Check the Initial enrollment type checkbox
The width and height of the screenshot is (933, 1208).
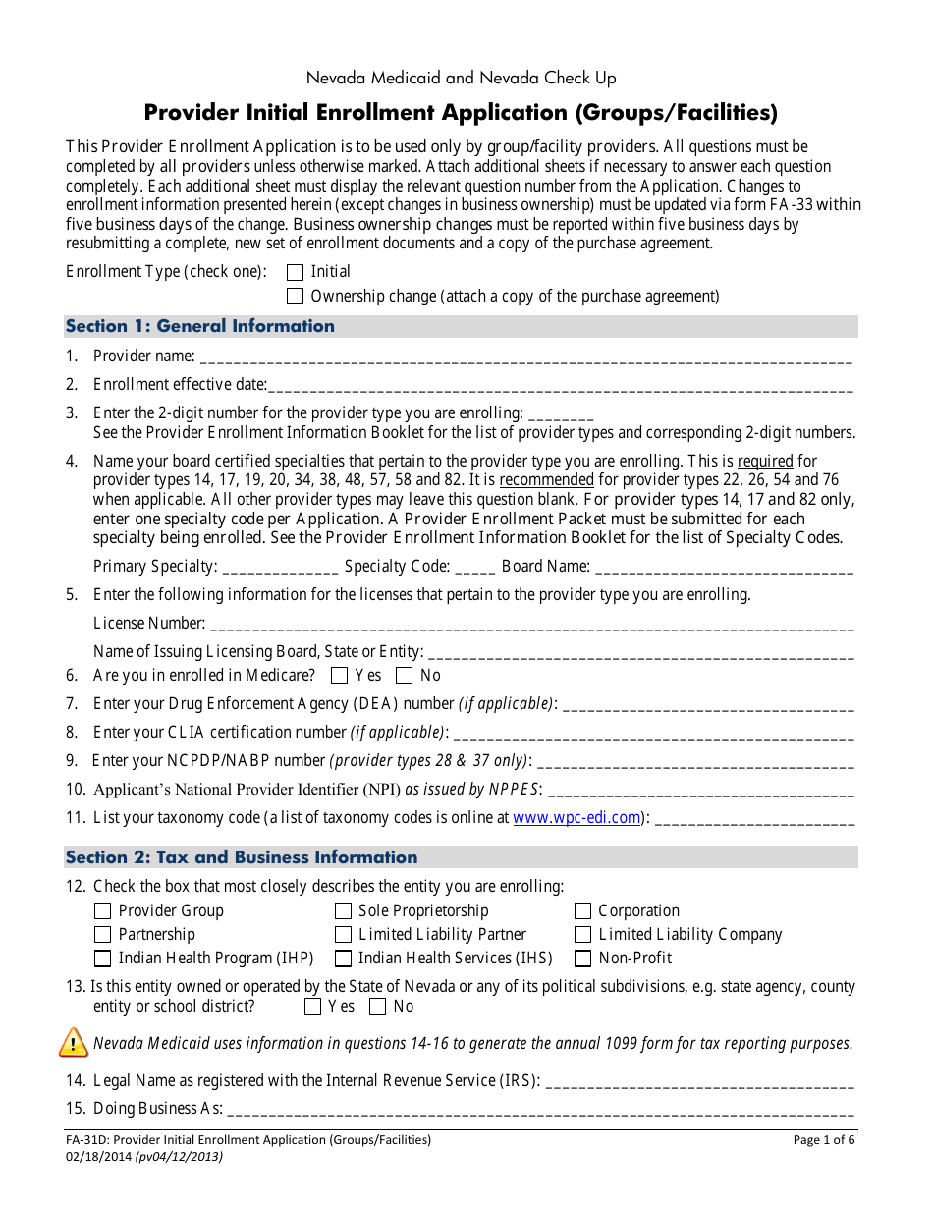tap(295, 272)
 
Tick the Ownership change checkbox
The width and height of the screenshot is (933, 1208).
tap(295, 297)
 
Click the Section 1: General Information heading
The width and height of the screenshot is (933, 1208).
tap(200, 326)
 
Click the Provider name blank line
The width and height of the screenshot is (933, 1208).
tap(525, 358)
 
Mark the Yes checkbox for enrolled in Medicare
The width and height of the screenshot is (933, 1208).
tap(340, 676)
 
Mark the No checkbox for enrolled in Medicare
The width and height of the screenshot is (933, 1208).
tap(404, 676)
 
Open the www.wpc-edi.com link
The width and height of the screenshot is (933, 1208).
tap(576, 817)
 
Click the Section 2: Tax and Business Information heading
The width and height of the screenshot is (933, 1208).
tap(242, 857)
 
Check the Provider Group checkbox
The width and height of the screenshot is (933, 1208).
tap(102, 911)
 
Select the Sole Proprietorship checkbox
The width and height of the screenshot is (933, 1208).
tap(343, 911)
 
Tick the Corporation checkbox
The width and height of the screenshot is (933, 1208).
tap(583, 911)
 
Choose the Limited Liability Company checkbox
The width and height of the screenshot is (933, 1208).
tap(583, 935)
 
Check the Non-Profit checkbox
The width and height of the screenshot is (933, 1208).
tap(583, 959)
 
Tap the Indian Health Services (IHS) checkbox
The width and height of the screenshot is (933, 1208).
tap(343, 959)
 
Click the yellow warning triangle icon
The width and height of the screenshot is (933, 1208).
tap(74, 1042)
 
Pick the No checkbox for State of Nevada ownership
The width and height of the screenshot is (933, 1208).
tap(377, 1007)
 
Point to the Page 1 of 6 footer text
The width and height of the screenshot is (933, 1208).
tap(824, 1140)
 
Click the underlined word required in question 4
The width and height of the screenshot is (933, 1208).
tap(765, 461)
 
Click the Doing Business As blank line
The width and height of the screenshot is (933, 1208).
tap(540, 1111)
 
